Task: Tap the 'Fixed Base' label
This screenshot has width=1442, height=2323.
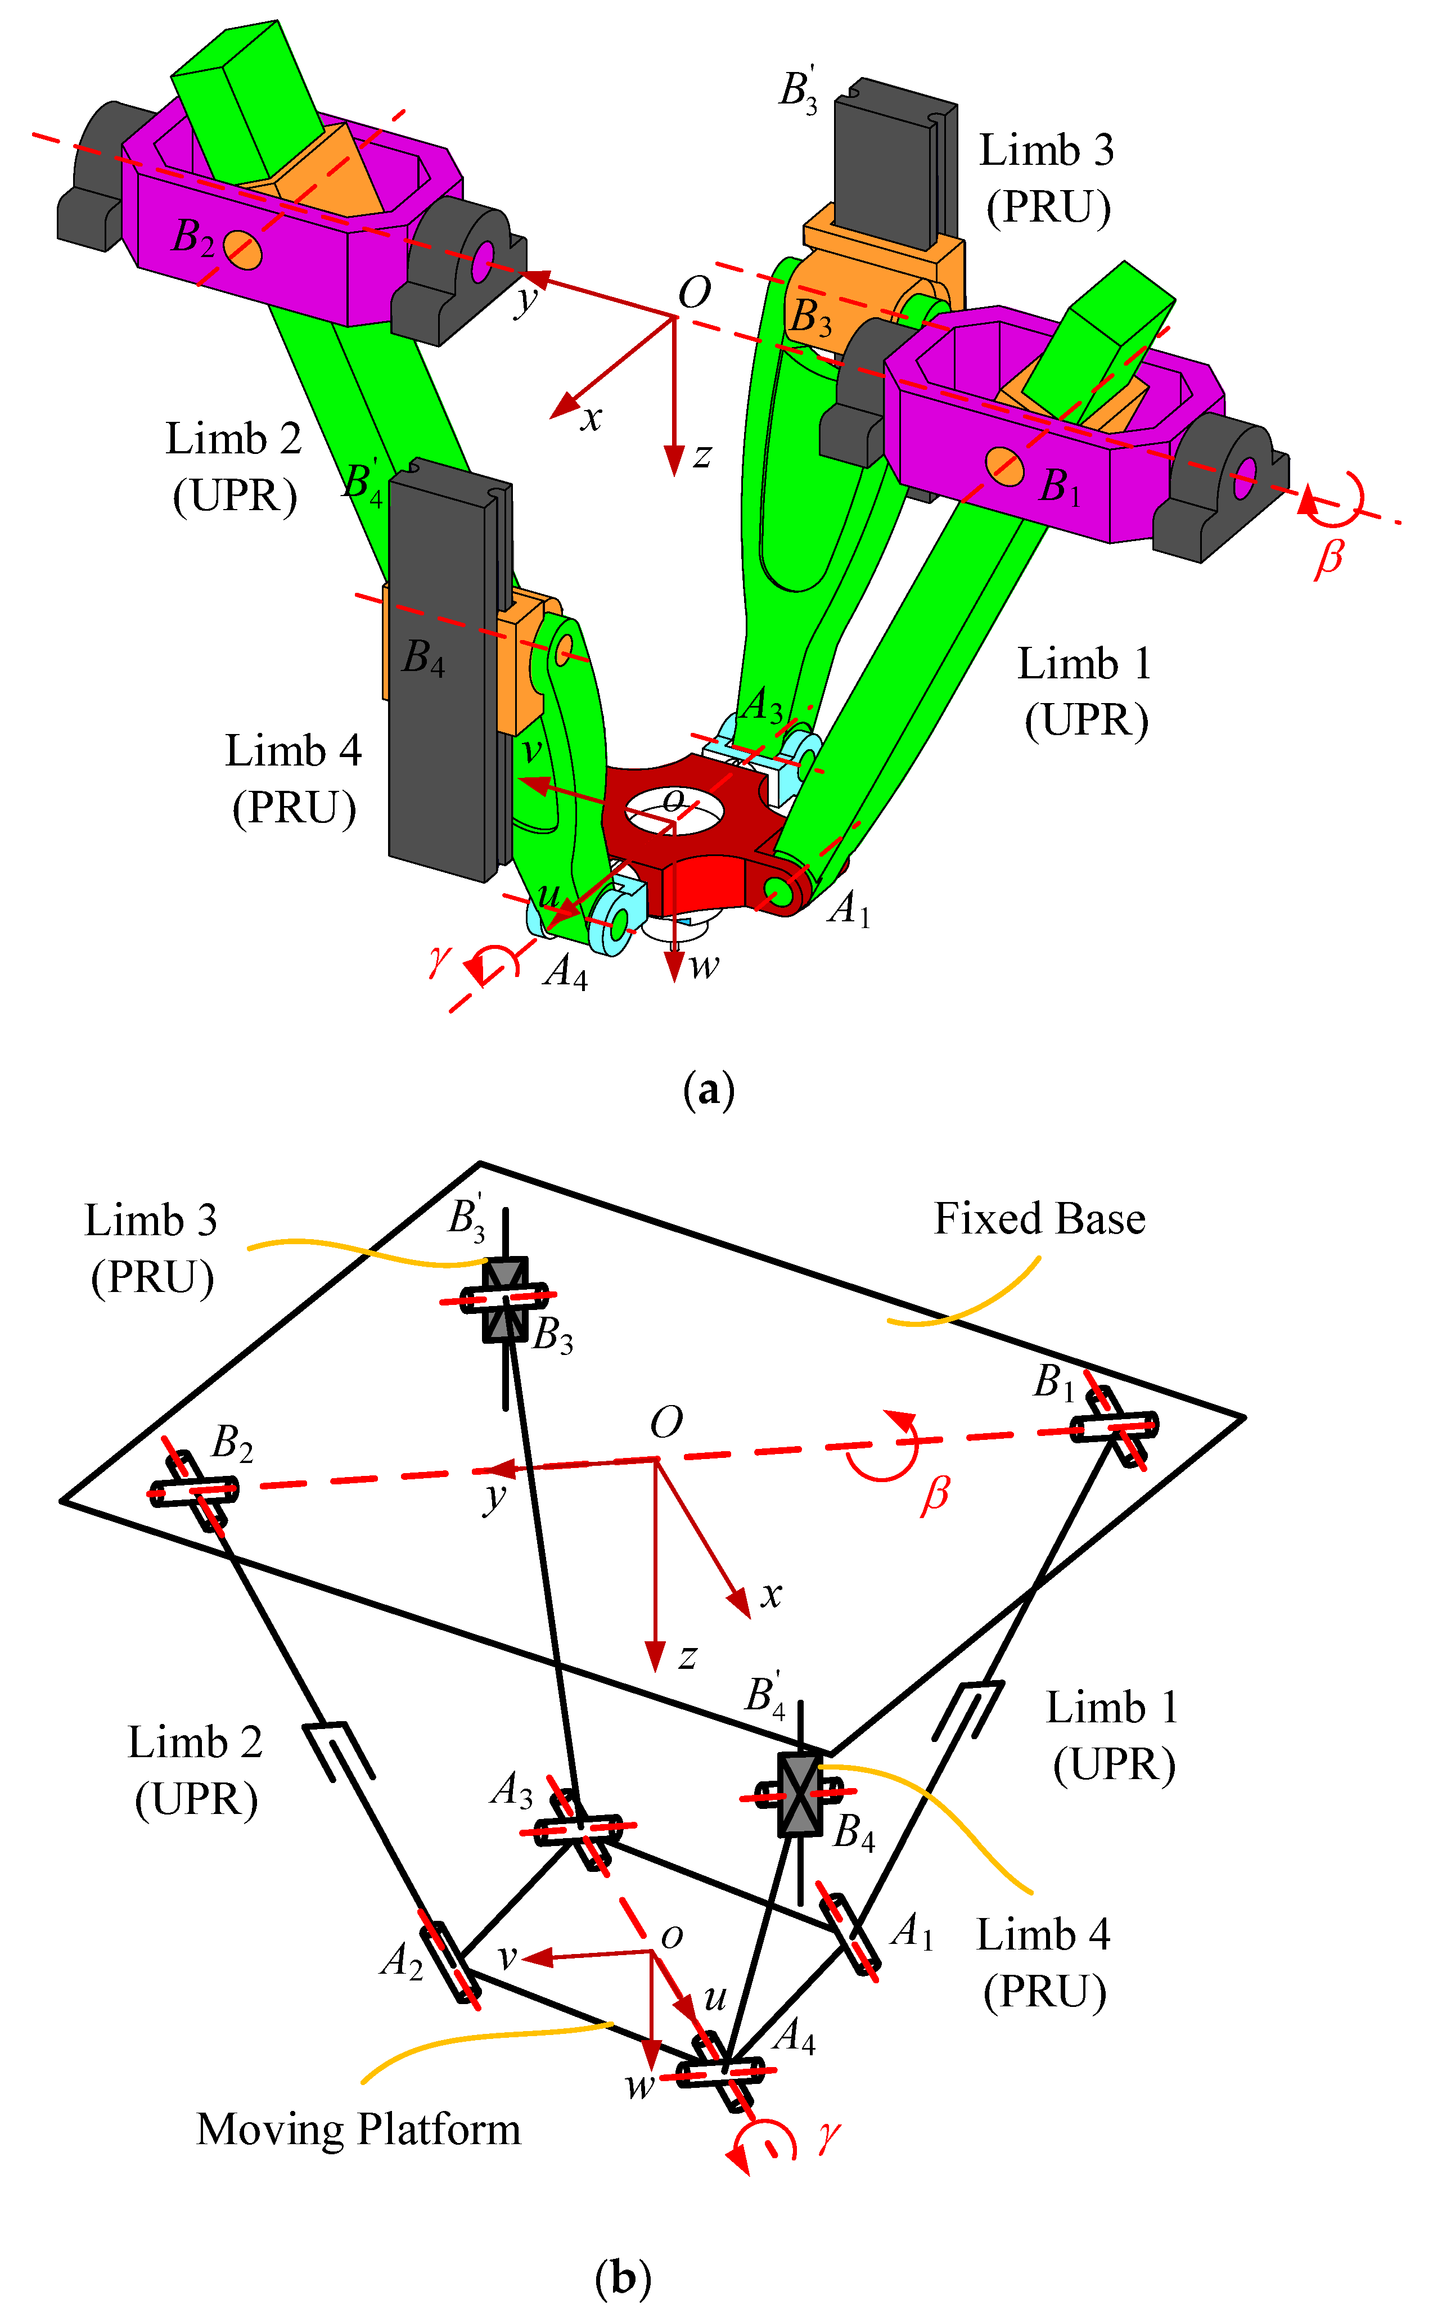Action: click(1039, 1219)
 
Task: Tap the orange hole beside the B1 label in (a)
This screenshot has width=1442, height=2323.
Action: click(1004, 465)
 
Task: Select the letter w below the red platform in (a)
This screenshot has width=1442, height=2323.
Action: click(704, 967)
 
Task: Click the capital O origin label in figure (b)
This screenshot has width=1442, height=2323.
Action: click(666, 1423)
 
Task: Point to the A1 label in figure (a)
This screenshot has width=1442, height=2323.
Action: click(848, 909)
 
